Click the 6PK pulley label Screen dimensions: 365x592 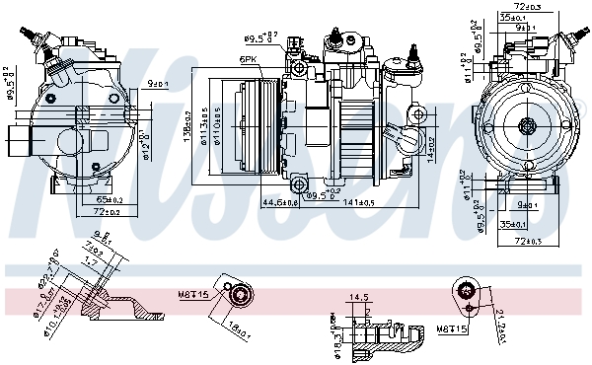pyautogui.click(x=249, y=60)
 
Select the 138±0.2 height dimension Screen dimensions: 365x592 pyautogui.click(x=186, y=127)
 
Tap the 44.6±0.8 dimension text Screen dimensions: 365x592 pyautogui.click(x=279, y=202)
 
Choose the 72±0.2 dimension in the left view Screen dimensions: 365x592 pyautogui.click(x=109, y=212)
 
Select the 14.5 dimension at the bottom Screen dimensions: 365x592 pyautogui.click(x=359, y=296)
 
